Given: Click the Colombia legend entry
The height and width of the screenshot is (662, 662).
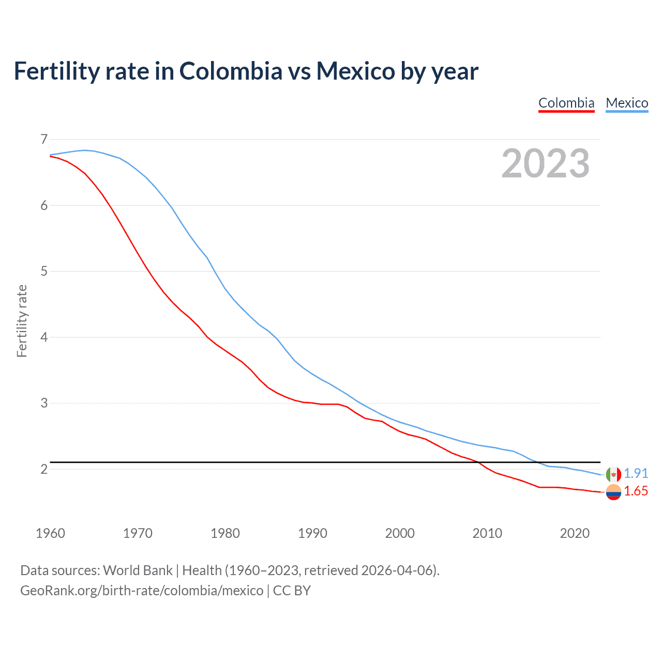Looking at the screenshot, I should tap(566, 103).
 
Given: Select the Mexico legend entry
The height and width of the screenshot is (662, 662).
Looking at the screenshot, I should tap(627, 103).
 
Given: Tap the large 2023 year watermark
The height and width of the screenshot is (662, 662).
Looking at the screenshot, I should tap(546, 163).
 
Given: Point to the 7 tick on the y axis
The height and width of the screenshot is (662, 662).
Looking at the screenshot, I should tap(44, 139).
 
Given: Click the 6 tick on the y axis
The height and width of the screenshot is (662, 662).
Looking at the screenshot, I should tap(44, 205).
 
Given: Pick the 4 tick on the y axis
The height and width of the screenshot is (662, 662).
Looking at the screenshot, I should tap(44, 337).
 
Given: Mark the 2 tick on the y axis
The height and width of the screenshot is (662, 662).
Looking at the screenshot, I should tap(44, 469).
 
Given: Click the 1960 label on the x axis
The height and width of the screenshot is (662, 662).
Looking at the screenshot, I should tap(50, 533).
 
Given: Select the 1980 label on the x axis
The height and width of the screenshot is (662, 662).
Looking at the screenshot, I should tap(225, 533).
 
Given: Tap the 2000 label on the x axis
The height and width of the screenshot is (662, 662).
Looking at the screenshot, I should tap(400, 533).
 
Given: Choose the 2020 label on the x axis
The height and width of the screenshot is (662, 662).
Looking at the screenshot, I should tap(575, 533).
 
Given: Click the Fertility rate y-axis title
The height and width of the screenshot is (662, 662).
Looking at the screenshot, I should tap(22, 321).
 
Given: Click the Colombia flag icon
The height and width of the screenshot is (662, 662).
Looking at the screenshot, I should tap(613, 492).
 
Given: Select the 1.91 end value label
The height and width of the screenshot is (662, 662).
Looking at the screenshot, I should tap(636, 473).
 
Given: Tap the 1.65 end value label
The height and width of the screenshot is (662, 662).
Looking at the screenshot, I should tap(636, 491).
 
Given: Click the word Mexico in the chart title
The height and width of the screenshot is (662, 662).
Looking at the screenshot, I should tap(356, 71).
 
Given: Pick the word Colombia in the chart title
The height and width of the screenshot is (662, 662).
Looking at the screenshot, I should tap(231, 71).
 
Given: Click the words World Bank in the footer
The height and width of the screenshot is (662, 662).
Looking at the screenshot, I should tap(138, 570).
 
